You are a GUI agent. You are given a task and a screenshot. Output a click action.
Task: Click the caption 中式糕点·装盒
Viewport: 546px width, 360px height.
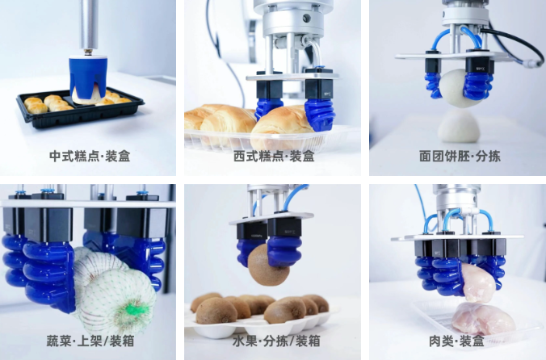click(x=90, y=156)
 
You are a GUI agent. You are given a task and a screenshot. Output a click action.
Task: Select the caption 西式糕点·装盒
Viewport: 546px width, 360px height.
click(x=274, y=156)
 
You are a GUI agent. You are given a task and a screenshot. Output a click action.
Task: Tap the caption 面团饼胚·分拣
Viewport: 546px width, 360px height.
click(x=460, y=156)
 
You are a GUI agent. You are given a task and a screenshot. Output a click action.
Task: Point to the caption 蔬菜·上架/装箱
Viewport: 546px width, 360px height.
click(x=90, y=341)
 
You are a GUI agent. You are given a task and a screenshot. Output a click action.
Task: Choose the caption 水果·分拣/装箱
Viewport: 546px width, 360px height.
click(x=276, y=341)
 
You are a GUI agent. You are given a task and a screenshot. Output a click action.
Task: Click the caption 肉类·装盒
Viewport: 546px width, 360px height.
click(x=456, y=341)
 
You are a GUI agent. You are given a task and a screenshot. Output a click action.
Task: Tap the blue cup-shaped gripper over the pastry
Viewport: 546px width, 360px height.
click(x=88, y=79)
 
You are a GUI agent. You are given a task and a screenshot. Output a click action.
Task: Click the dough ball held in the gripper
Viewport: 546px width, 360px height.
click(x=455, y=87)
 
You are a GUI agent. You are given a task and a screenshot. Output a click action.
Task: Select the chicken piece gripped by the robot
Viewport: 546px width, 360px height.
click(x=478, y=282)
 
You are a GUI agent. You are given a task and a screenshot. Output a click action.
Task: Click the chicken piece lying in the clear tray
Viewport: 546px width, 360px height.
click(x=483, y=319)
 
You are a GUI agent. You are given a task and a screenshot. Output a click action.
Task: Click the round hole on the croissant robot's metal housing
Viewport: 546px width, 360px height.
click(x=306, y=18)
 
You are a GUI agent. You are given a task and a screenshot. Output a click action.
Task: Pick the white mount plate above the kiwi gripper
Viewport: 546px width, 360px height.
click(x=271, y=218)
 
